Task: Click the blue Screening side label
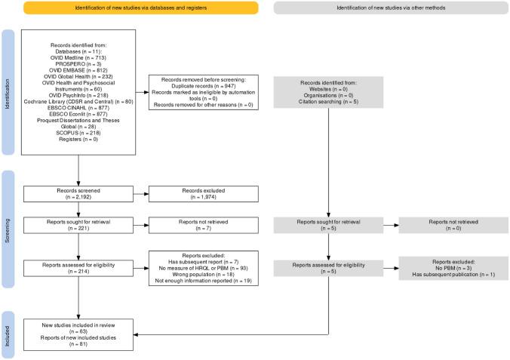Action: point(8,229)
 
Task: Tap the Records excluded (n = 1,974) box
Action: point(204,196)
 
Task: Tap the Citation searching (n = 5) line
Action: point(329,100)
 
